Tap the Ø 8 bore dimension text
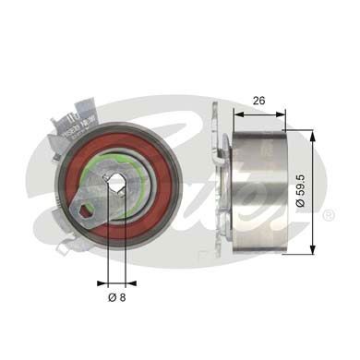116,298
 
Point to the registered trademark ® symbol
328,216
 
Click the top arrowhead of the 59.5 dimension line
313,135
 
